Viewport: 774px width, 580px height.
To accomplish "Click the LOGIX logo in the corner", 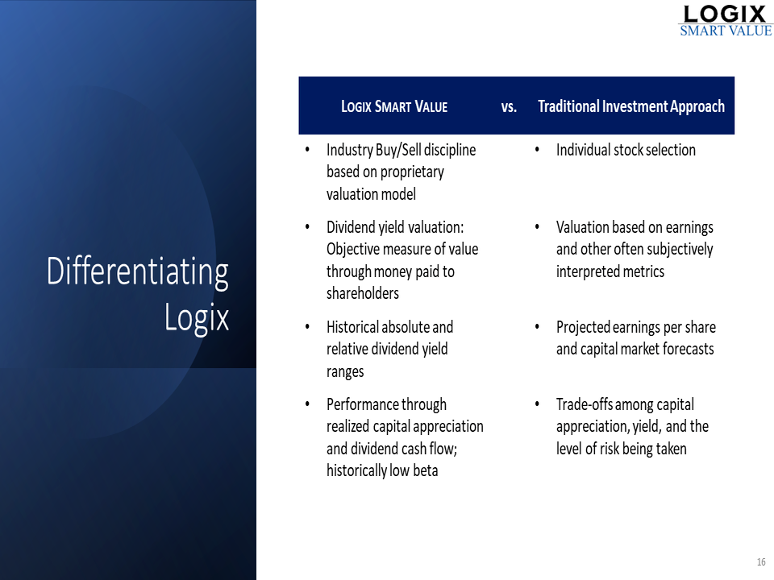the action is tap(725, 21).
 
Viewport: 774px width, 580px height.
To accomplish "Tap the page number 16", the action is tap(761, 561).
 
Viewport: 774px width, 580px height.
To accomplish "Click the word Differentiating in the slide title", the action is tap(138, 272).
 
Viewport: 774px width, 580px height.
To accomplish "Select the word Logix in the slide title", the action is tap(197, 318).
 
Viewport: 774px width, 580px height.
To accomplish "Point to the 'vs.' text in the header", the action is tap(509, 106).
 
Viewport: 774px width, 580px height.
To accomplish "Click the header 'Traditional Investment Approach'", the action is tap(631, 106).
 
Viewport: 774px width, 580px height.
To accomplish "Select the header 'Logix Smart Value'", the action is tap(394, 106).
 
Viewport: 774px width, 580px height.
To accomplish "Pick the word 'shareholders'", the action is tap(362, 293).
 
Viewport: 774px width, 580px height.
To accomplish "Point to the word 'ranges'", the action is tap(345, 372).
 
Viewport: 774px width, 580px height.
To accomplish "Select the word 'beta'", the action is tap(426, 470).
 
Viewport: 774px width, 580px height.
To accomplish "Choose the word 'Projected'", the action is tap(583, 327).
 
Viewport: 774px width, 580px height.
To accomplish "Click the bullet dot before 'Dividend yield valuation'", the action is tap(307, 227).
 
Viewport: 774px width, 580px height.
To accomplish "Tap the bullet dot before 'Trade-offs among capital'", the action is tap(537, 404).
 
